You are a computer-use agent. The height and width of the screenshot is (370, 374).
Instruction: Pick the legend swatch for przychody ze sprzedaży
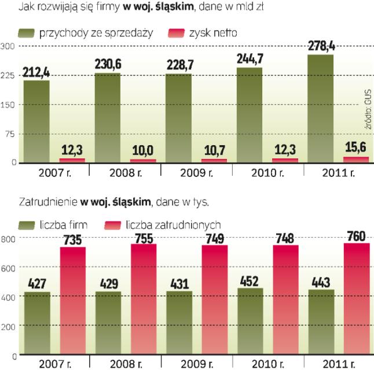[27, 33]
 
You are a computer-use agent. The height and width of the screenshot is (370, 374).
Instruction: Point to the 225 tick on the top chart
[8, 75]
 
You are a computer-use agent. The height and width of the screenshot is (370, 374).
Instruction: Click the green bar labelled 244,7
[249, 116]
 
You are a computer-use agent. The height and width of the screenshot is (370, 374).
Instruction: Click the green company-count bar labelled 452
[249, 321]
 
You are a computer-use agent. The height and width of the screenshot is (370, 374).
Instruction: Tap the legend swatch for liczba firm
[27, 224]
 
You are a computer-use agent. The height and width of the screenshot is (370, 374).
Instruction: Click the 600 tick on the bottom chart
[8, 268]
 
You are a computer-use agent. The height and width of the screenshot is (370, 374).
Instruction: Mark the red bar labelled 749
[214, 300]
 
